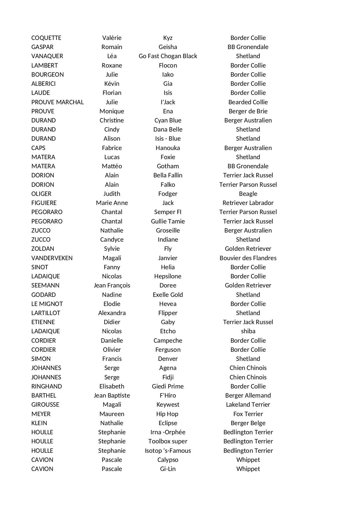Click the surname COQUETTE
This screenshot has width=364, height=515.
coord(46,38)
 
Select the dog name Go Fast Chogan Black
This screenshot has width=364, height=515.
coord(168,56)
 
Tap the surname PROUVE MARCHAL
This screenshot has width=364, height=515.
coord(57,102)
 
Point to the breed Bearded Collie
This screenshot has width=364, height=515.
coord(248,102)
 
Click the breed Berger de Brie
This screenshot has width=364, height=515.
coord(248,111)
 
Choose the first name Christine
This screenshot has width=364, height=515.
coord(112,120)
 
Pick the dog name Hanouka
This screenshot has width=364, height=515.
coord(168,148)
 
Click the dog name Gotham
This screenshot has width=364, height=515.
coord(168,166)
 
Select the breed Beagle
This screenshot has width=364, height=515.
coord(248,194)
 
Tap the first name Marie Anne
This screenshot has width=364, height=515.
coord(112,203)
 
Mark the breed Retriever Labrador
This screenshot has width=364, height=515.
coord(248,203)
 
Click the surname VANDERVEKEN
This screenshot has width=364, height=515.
coord(52,258)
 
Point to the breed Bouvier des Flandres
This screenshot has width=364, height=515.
coord(248,258)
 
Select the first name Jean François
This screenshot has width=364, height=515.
coord(112,285)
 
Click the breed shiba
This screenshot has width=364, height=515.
coord(248,331)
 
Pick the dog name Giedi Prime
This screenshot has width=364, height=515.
coord(168,386)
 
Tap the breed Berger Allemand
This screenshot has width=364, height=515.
coord(248,395)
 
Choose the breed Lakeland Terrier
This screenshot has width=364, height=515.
coord(248,405)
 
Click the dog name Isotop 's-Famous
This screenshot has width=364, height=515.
coord(168,451)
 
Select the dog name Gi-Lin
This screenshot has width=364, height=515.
coord(168,469)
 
